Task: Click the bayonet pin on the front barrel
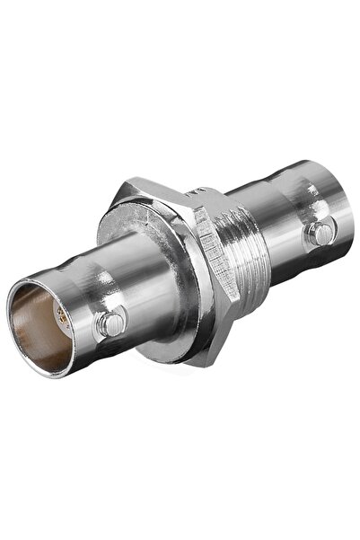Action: click(x=110, y=322)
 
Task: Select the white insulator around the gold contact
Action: click(x=57, y=323)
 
